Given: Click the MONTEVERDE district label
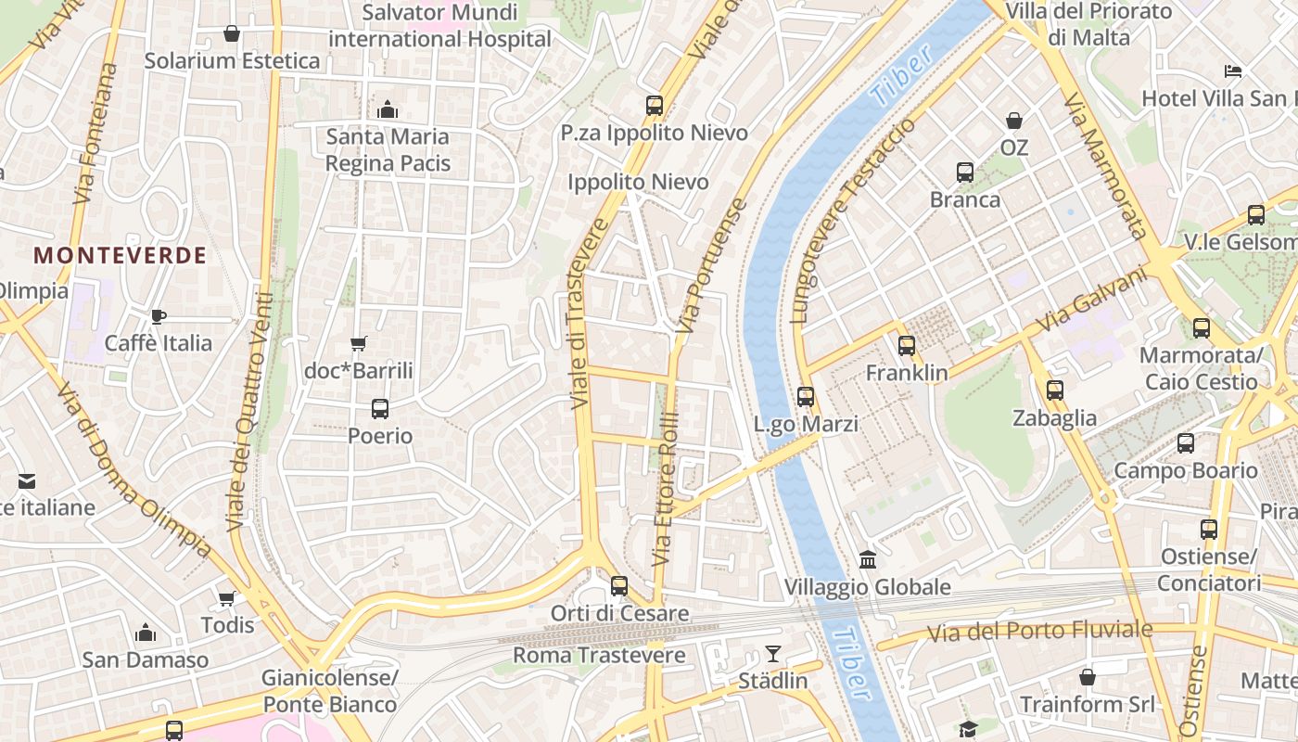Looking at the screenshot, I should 120,256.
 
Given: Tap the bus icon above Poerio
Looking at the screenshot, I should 379,408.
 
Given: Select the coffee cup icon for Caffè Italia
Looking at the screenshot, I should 159,316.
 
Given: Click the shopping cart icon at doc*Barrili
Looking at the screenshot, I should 359,344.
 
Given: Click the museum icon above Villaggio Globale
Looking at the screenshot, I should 868,559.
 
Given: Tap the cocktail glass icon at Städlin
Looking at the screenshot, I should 772,654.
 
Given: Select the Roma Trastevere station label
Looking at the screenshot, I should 599,656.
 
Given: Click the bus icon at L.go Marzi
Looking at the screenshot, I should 806,397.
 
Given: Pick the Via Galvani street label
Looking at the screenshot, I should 1090,303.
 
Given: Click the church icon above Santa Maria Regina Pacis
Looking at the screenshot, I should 388,110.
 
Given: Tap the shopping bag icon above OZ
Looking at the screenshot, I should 1014,121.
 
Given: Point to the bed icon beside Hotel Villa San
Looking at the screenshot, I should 1232,71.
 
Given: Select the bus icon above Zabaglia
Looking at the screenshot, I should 1054,390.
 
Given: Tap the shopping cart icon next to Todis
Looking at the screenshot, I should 227,598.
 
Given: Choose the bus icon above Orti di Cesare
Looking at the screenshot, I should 619,586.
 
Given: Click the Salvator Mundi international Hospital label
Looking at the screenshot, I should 439,26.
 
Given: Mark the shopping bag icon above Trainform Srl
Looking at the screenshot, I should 1088,678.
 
